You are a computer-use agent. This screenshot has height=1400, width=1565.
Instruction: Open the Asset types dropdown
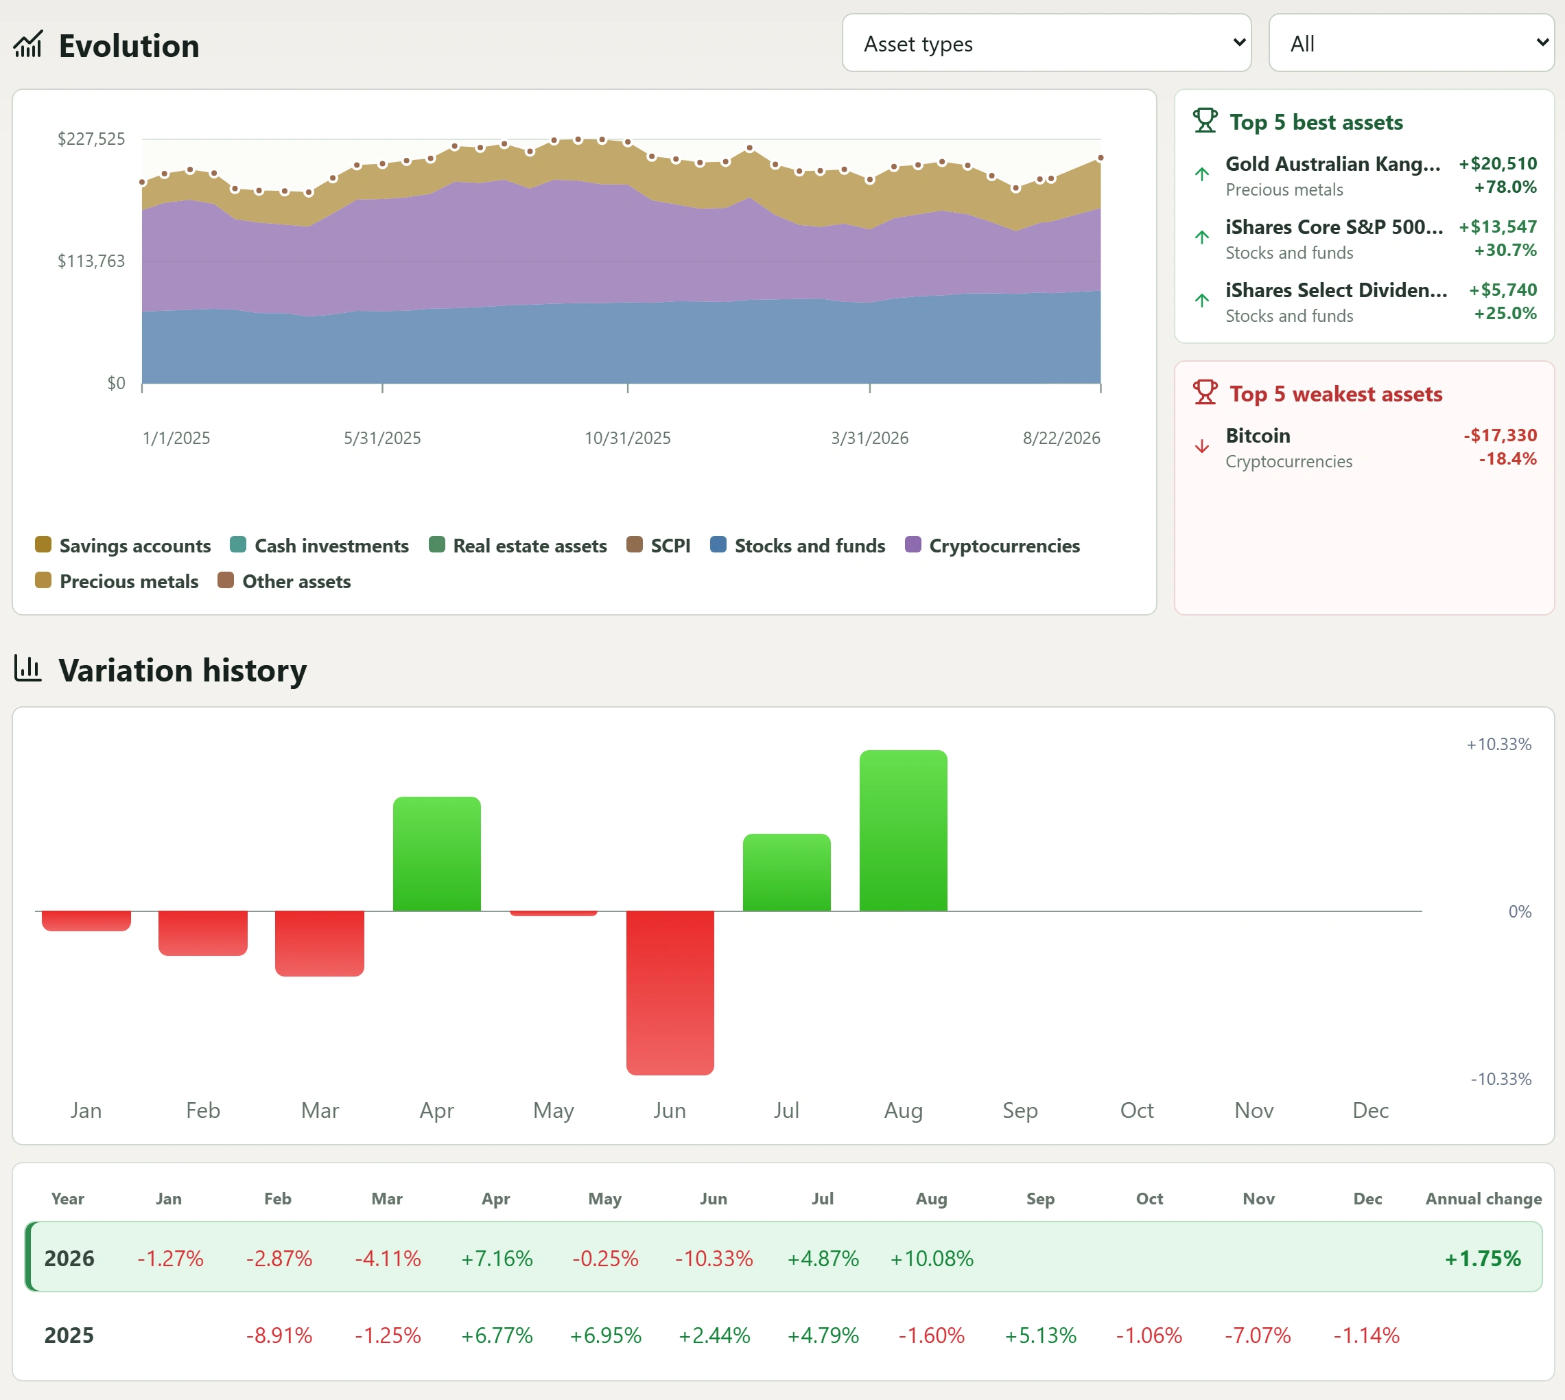point(1046,43)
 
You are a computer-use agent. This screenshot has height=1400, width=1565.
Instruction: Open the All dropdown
point(1411,43)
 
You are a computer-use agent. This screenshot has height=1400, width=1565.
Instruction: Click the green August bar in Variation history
point(903,831)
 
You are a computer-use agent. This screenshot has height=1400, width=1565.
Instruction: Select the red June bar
point(670,992)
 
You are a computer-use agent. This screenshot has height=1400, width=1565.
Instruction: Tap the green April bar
point(437,854)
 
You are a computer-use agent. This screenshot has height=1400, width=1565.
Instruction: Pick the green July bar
point(787,872)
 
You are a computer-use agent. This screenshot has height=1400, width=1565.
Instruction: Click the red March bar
point(320,944)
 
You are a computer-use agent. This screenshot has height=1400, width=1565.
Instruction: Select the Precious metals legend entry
point(117,581)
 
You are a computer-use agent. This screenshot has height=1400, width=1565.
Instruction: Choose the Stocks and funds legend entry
point(797,546)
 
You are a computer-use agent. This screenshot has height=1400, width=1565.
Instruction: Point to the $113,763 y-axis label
point(91,261)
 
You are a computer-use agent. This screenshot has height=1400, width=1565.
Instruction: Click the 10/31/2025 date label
point(628,438)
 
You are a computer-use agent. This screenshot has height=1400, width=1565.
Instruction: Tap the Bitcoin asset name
point(1258,435)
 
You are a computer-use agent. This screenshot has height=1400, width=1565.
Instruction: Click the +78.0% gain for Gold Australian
point(1505,187)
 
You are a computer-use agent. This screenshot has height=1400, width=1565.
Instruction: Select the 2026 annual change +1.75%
point(1482,1259)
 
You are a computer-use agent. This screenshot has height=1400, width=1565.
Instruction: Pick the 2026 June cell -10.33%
point(714,1259)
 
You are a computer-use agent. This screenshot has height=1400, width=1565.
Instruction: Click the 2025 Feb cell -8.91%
point(279,1335)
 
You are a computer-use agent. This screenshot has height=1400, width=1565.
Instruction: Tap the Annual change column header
point(1483,1198)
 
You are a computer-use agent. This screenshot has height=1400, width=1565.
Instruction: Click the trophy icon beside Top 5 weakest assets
point(1205,393)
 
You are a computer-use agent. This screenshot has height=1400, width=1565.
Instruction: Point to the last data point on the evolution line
point(1101,158)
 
